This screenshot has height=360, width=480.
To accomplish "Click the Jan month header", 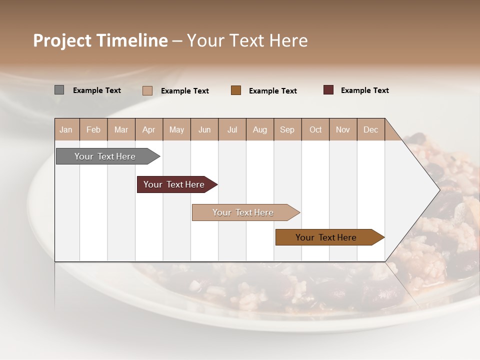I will coord(66,129).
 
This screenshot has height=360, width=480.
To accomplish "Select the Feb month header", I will coord(93,129).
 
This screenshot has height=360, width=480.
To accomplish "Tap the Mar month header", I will coord(121,129).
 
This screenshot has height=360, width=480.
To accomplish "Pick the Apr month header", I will coord(149,129).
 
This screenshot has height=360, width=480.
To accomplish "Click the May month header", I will coord(176,129).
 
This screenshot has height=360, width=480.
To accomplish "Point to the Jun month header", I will coord(204,129).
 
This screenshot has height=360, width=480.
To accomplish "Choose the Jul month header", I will coord(232,129).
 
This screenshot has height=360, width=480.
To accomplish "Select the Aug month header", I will coord(260,129).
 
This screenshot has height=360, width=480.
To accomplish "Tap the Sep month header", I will coord(287,129).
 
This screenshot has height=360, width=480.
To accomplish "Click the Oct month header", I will coord(315,129).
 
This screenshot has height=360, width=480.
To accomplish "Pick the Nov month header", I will coord(343,129).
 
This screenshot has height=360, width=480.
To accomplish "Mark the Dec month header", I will coord(371,129).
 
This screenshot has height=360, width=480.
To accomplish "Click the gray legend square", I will coord(59,90).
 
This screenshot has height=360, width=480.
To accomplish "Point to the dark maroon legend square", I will coord(328,90).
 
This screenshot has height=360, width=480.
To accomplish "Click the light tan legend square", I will coord(147,90).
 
